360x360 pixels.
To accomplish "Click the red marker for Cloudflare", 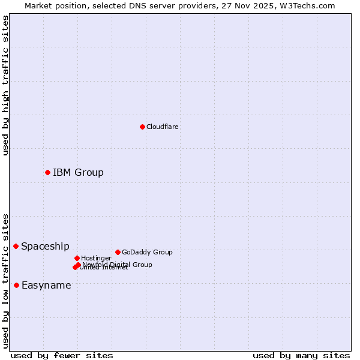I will tap(142, 127).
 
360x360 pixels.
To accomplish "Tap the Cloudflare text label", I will tap(162, 127).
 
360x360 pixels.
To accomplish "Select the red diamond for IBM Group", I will tap(47, 172).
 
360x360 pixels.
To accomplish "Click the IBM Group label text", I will tap(78, 173).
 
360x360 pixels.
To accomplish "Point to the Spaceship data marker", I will tap(16, 246).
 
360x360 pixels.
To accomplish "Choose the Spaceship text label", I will tap(45, 247).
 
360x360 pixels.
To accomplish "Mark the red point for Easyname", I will tap(16, 285).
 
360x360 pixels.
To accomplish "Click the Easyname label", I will tap(46, 286).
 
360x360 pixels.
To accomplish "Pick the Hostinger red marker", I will tap(77, 258).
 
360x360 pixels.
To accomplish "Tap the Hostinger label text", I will tap(96, 258).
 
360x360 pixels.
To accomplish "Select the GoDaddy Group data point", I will tap(118, 252).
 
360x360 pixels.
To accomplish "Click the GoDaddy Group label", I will tap(147, 252).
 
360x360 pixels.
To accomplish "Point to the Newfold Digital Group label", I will tap(118, 265).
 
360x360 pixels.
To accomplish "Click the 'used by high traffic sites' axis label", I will tap(5, 85).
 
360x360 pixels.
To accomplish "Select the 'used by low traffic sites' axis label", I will tap(5, 280).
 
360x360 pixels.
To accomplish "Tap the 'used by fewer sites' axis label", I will tap(62, 355).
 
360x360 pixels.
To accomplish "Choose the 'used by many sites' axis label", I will tap(301, 355).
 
